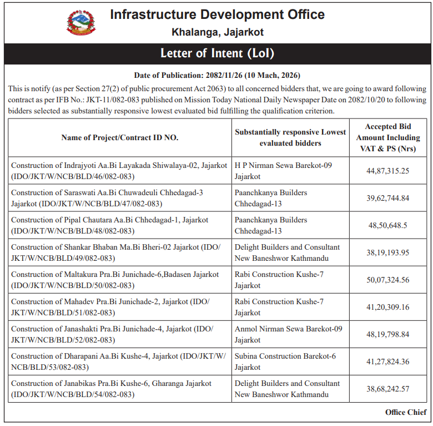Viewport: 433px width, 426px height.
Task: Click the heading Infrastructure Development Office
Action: tap(217, 14)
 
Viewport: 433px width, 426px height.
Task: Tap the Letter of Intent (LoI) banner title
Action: tap(217, 53)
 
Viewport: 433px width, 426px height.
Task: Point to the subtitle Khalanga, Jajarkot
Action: tap(217, 32)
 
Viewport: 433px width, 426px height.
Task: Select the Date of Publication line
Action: tap(217, 75)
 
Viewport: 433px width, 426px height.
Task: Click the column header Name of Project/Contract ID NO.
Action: tap(119, 137)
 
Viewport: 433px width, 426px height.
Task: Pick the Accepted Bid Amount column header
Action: tap(388, 137)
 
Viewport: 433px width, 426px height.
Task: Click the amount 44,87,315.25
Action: tap(388, 171)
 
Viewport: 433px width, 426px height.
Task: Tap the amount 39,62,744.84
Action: tap(388, 198)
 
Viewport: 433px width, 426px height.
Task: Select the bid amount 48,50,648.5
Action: tap(388, 225)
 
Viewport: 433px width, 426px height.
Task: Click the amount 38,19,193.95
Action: tap(388, 252)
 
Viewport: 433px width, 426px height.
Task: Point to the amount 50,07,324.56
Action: tap(388, 280)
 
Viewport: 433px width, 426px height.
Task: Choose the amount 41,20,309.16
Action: tap(388, 307)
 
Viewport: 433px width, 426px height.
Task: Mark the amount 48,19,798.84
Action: tap(388, 334)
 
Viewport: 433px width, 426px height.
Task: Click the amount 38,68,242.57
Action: tap(388, 389)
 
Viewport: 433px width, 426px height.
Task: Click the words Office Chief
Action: tap(406, 412)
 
